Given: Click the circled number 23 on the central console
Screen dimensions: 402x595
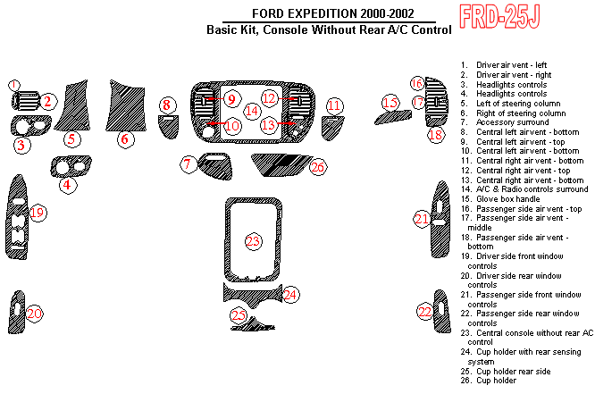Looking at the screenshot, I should click(253, 241).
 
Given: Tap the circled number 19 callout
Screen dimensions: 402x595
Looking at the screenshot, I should click(37, 213).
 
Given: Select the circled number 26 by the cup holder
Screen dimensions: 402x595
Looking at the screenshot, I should click(317, 167).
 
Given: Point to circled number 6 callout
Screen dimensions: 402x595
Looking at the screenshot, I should click(125, 138).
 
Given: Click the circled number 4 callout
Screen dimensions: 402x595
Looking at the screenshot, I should click(66, 184).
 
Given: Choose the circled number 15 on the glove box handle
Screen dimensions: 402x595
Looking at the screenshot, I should click(390, 103).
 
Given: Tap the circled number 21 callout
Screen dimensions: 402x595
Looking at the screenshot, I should click(422, 218).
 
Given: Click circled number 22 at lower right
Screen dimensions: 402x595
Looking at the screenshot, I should click(425, 311).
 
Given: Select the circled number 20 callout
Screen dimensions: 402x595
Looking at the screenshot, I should click(34, 314).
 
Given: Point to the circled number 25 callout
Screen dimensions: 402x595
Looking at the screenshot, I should click(239, 314).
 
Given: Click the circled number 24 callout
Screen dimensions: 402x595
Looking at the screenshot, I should click(289, 294).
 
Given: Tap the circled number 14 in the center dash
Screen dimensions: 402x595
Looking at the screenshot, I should click(253, 111).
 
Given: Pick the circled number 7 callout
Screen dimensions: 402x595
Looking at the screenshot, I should click(187, 164).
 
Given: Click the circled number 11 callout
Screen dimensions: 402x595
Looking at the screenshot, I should click(334, 107).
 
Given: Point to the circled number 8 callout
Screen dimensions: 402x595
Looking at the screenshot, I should click(166, 105).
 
